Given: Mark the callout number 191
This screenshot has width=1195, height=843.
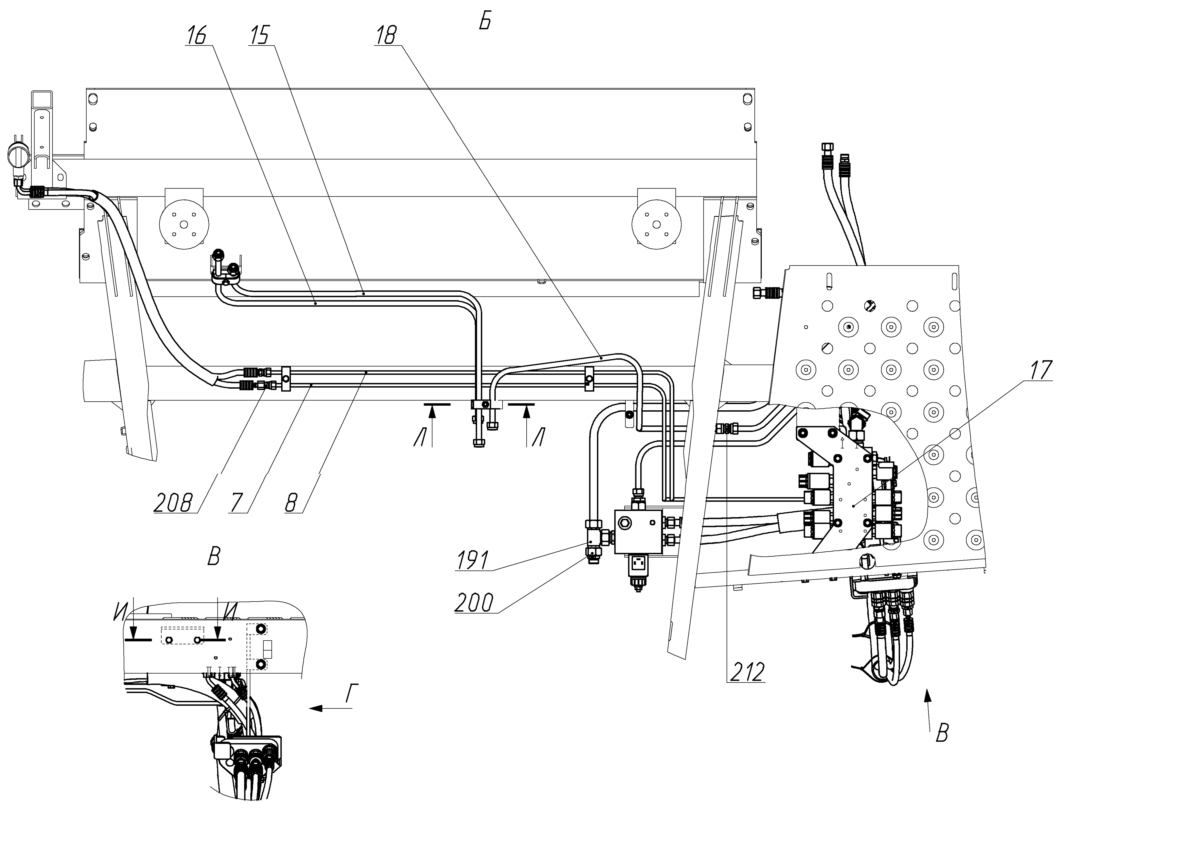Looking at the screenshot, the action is pyautogui.click(x=473, y=561).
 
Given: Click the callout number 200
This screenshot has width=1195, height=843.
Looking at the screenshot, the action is pyautogui.click(x=474, y=603).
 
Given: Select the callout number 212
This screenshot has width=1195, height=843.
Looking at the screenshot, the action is pyautogui.click(x=746, y=672).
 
